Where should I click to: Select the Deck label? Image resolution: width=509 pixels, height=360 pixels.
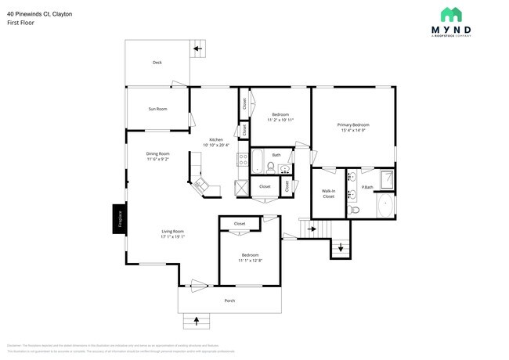(157, 63)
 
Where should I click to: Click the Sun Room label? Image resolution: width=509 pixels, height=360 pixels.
(157, 109)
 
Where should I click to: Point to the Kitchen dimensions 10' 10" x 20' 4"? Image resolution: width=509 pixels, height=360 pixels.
(216, 145)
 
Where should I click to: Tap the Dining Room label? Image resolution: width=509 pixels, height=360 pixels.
(157, 154)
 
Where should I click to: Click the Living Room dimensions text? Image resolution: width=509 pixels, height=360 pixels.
(173, 236)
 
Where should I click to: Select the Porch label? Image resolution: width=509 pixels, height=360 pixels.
(229, 301)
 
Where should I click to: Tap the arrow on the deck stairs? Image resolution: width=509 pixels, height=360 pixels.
(197, 49)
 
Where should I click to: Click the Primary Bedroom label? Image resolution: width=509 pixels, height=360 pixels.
(353, 125)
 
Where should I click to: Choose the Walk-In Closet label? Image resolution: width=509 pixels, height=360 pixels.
(328, 193)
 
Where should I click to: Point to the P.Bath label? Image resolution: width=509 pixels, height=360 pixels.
(366, 186)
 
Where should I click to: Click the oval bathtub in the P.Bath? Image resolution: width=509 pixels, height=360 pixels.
(385, 207)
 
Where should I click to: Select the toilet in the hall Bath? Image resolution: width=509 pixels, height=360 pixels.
(270, 166)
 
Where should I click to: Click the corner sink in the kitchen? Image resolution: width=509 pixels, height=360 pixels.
(202, 185)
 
